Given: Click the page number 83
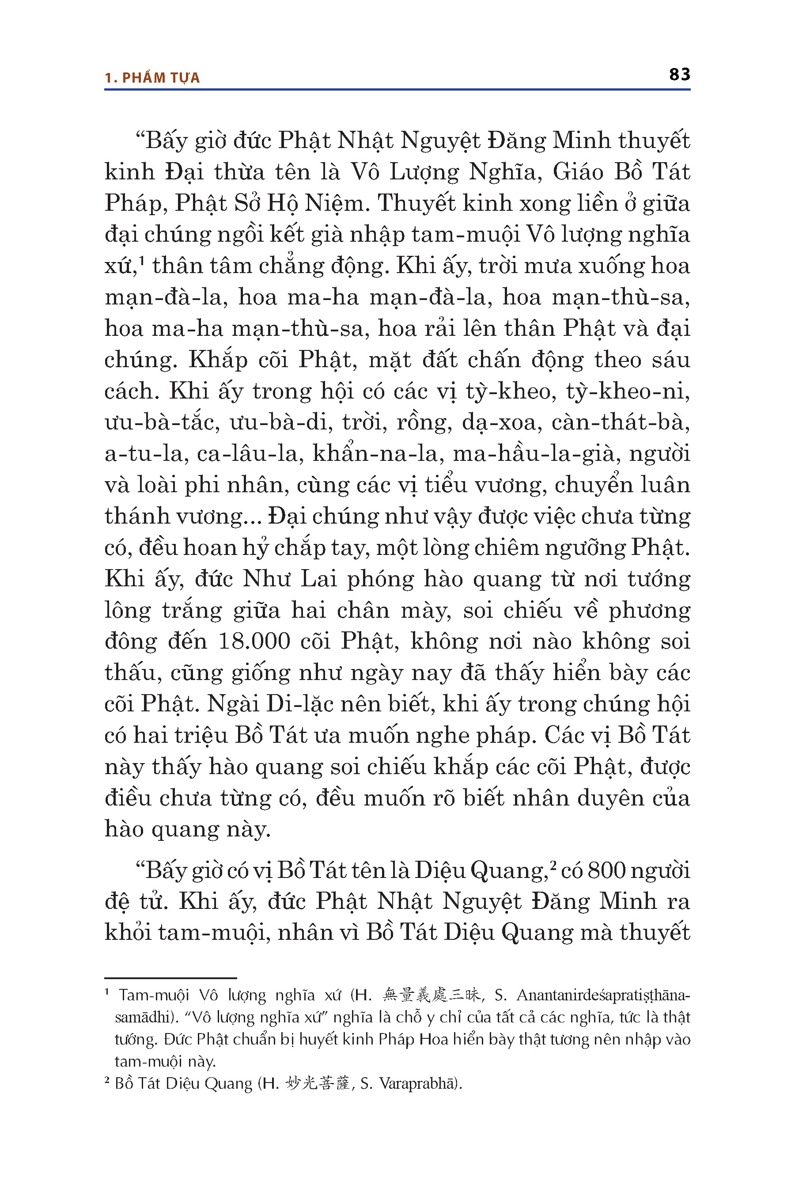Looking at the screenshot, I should (x=679, y=75).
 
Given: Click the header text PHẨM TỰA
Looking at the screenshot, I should (x=161, y=78).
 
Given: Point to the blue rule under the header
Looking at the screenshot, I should (x=397, y=90).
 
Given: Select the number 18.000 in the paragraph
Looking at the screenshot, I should (x=254, y=641).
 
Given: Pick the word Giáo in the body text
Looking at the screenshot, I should (x=578, y=172).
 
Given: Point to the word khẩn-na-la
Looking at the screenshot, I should (x=374, y=453).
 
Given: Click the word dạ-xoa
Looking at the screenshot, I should (x=499, y=422).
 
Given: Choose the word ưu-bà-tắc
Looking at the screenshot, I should (x=162, y=422).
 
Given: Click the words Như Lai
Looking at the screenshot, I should (x=290, y=579).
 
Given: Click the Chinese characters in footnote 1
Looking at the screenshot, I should (x=432, y=995).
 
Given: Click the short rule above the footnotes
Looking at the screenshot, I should (x=170, y=978).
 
